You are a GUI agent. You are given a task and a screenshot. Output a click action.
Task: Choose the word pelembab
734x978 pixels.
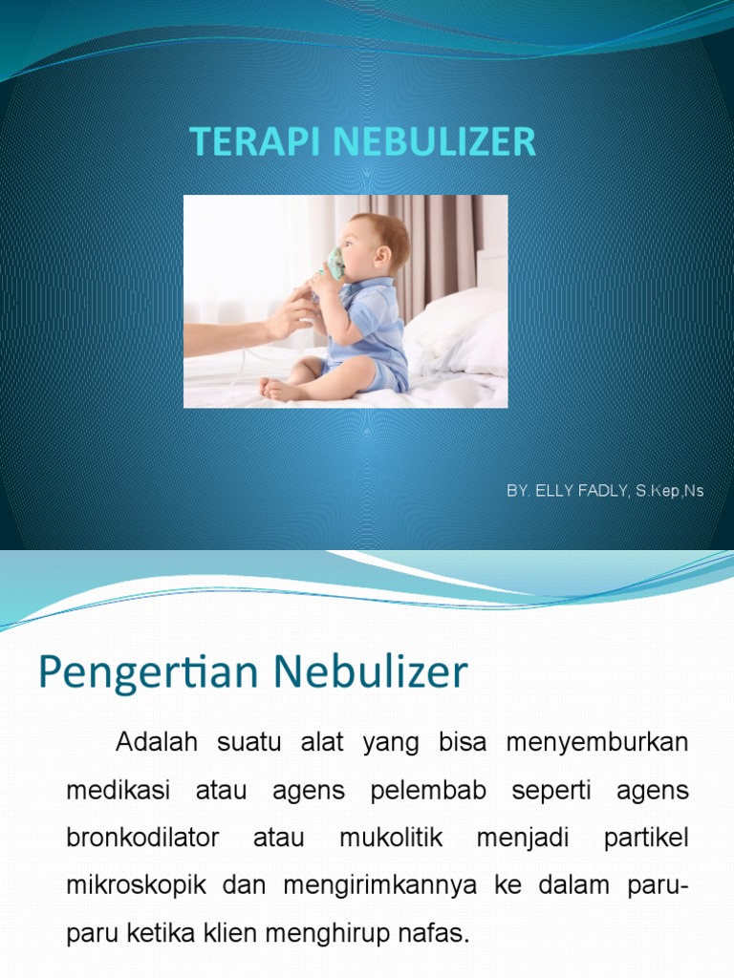click(429, 791)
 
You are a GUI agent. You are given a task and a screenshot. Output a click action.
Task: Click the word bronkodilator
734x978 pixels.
click(142, 838)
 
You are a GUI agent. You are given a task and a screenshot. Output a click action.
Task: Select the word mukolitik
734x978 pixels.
click(391, 838)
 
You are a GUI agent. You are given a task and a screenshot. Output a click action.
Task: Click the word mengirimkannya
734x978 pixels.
click(380, 885)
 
